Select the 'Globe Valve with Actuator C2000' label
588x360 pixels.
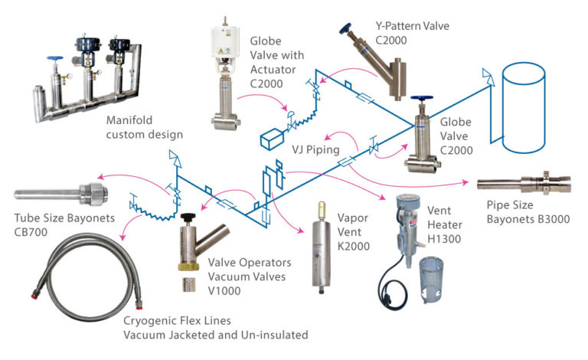(x=276, y=55)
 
